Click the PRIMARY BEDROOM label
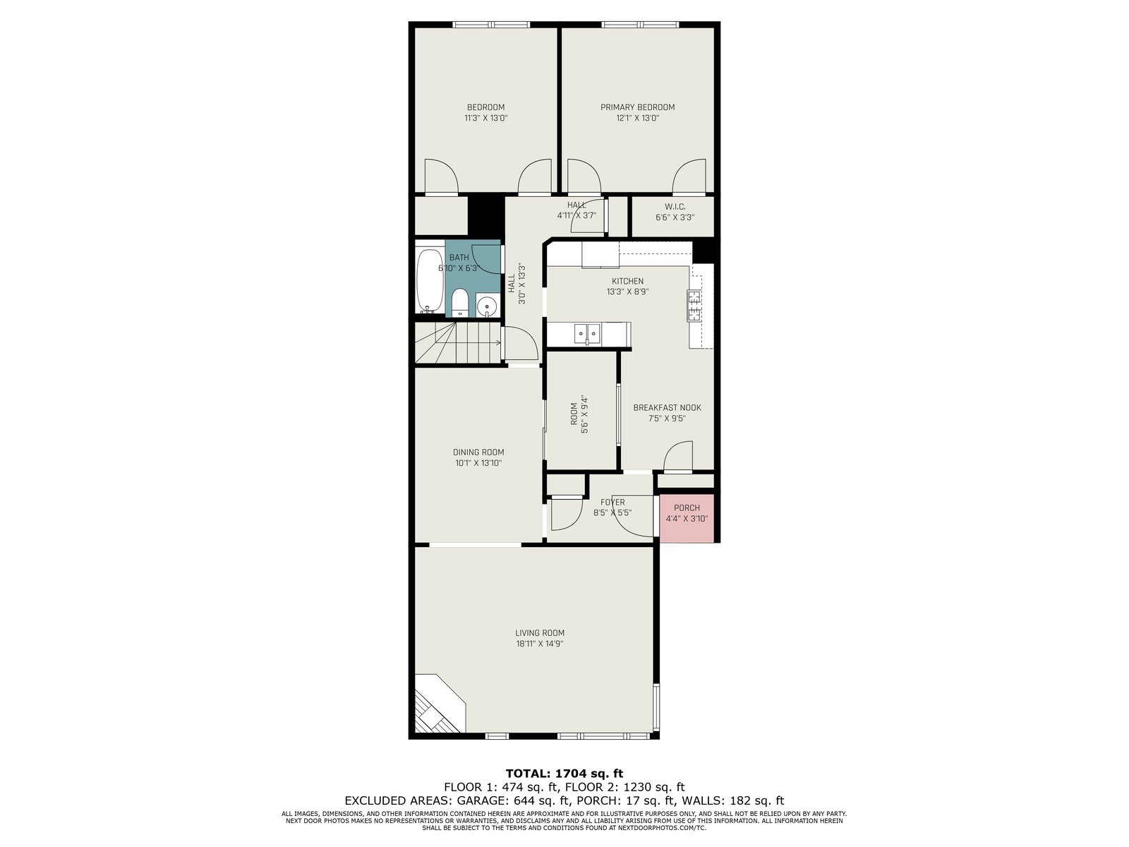click(637, 107)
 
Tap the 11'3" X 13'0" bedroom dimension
click(485, 118)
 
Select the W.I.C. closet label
click(675, 207)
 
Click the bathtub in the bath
click(430, 281)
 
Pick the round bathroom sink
click(486, 307)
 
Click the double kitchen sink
click(587, 334)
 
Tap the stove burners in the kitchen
click(694, 306)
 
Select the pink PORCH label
click(687, 507)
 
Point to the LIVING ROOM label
click(540, 633)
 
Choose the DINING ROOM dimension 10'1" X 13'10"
click(478, 463)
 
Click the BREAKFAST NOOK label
click(667, 408)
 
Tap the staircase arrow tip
click(500, 342)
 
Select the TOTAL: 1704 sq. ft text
click(564, 774)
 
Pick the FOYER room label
click(612, 502)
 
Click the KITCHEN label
click(627, 282)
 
